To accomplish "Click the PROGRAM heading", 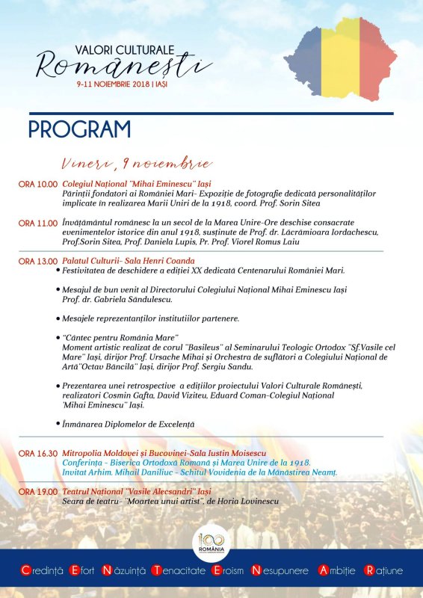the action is (x=79, y=129).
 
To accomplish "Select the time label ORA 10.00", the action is (x=37, y=184).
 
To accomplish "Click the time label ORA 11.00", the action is (x=37, y=223).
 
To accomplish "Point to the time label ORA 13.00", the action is (x=37, y=261).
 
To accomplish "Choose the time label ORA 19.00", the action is (x=37, y=492).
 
